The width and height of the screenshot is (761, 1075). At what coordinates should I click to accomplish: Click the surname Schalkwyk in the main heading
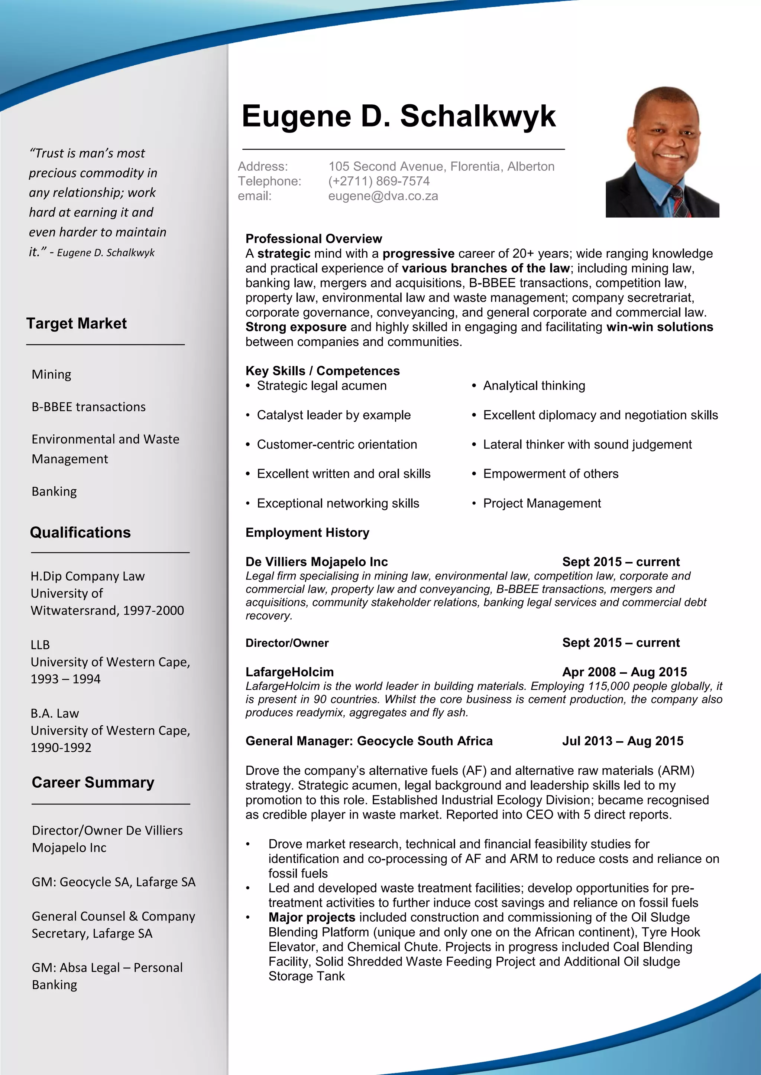(x=477, y=116)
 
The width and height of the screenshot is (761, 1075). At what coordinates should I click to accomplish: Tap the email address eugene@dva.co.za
(x=383, y=196)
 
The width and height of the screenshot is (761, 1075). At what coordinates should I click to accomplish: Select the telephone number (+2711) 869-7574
(x=379, y=181)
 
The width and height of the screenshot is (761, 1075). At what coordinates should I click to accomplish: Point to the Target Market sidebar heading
(x=77, y=324)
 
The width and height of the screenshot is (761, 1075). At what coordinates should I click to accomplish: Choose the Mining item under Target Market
(x=52, y=375)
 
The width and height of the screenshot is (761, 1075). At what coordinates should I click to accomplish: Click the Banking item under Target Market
(x=54, y=491)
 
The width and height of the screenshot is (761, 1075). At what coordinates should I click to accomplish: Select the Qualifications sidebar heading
(x=80, y=533)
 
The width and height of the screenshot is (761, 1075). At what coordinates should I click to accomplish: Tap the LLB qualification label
(x=40, y=645)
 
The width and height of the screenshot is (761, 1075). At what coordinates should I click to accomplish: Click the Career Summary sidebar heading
(x=93, y=783)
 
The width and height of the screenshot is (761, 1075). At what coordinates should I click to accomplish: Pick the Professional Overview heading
(x=314, y=239)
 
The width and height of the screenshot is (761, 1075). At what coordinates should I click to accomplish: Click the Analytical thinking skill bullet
(x=534, y=386)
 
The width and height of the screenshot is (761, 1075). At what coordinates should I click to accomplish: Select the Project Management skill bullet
(x=542, y=503)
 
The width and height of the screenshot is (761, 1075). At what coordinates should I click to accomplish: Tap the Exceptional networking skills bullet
(x=338, y=503)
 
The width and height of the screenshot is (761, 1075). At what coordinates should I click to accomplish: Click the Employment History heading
(x=307, y=533)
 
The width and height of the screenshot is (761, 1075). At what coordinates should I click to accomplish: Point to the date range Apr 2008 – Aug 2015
(x=624, y=672)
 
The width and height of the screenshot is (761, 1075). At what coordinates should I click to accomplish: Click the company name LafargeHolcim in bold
(x=289, y=672)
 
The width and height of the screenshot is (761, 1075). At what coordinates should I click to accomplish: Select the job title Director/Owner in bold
(x=287, y=643)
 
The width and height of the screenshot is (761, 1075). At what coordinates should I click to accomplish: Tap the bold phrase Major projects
(x=312, y=917)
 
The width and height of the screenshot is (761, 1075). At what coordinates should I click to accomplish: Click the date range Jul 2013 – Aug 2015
(x=622, y=741)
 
